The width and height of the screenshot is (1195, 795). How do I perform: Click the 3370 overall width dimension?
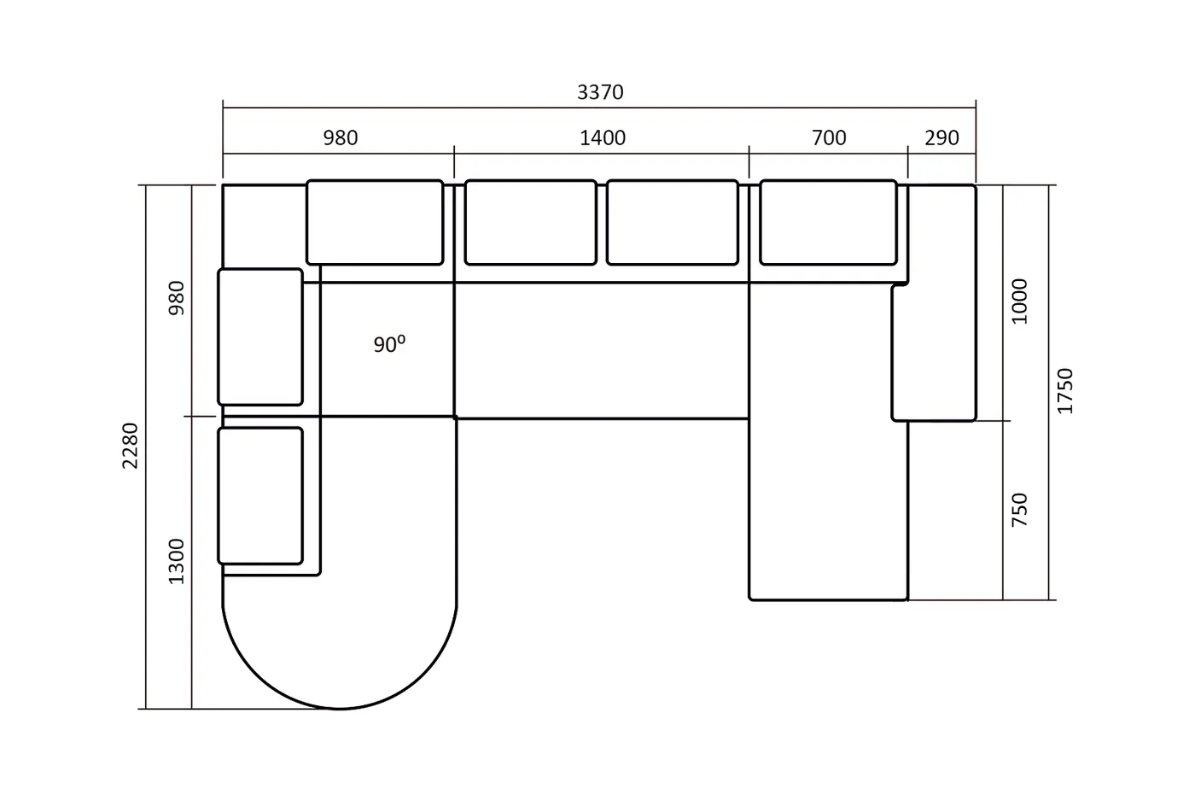click(600, 92)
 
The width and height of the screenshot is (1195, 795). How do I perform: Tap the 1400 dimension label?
click(603, 137)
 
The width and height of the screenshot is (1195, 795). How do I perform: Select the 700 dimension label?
click(829, 137)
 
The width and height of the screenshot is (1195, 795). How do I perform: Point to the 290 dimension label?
click(941, 137)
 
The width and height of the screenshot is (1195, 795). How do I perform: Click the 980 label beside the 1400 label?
click(341, 137)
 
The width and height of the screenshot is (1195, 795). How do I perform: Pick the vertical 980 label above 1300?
click(176, 298)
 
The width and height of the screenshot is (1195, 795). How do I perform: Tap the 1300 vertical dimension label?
click(176, 561)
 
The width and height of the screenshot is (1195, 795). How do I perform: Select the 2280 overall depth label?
click(130, 446)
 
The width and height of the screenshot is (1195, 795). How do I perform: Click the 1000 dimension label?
click(1019, 301)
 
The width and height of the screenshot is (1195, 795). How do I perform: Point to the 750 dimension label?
click(1019, 510)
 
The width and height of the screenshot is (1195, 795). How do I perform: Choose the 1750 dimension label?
click(1065, 391)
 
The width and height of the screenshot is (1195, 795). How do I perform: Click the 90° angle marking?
click(389, 344)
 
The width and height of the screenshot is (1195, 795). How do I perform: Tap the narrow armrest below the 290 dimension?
click(935, 302)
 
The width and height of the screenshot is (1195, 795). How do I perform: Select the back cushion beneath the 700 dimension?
click(828, 222)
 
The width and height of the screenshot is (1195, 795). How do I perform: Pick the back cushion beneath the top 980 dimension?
click(375, 222)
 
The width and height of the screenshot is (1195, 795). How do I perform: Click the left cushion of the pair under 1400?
click(530, 222)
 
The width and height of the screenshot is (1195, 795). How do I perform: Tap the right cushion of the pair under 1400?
click(673, 222)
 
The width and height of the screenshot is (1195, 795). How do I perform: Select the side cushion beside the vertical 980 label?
click(260, 336)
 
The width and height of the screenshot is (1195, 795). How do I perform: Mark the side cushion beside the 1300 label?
click(260, 495)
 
